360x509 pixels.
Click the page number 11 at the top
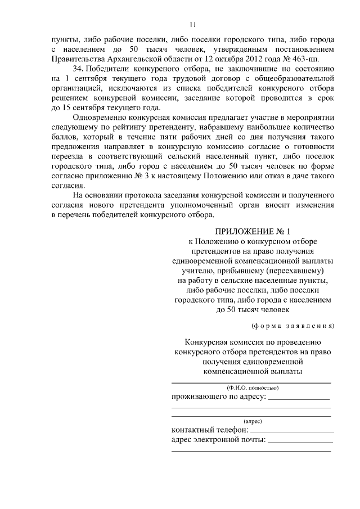[x=192, y=25]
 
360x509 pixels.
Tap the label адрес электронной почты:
[x=218, y=440]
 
